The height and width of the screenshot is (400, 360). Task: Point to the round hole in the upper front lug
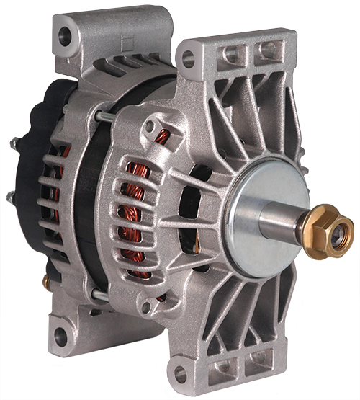[x=189, y=59]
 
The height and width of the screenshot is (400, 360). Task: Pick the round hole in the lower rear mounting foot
[x=60, y=334]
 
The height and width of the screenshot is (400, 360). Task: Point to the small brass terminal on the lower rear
[x=45, y=279]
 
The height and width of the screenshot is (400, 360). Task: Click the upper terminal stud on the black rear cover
[x=14, y=144]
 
